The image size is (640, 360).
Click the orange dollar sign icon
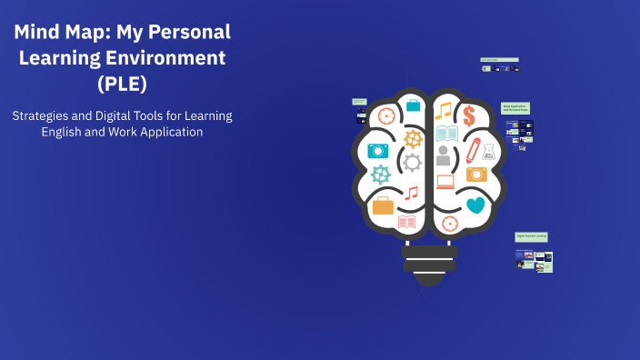(x=469, y=115)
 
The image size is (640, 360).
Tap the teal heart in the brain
(x=475, y=205)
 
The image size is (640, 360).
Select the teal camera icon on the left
(x=377, y=150)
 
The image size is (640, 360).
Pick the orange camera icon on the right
(x=476, y=174)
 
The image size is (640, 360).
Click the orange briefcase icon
(x=384, y=205)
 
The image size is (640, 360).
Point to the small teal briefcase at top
(x=413, y=105)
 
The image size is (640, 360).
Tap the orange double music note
(x=443, y=111)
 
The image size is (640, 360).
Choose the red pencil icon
(x=473, y=147)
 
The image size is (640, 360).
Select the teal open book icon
(x=446, y=134)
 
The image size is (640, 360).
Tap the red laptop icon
(x=445, y=182)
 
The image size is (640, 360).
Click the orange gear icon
(x=413, y=139)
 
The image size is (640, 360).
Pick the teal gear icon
(x=381, y=174)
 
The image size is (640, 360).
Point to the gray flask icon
(x=489, y=151)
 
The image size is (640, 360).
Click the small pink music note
(x=412, y=193)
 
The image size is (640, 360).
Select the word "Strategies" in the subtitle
(x=42, y=115)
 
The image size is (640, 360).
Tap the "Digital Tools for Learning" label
(x=531, y=236)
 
